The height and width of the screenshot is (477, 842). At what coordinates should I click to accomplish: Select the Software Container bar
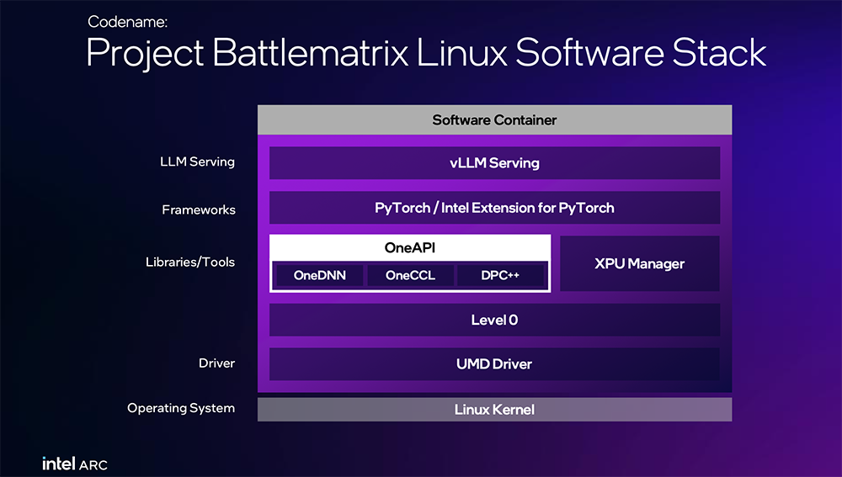[x=494, y=119]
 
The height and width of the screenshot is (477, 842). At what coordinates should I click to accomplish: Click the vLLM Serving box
[x=494, y=162]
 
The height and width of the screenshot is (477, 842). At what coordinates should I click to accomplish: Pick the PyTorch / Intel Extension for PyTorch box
[x=494, y=208]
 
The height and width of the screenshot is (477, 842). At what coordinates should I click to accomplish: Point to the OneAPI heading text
[x=410, y=247]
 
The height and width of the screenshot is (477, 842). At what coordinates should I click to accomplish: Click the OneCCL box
[x=410, y=275]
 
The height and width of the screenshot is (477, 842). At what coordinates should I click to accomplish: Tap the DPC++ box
[x=501, y=275]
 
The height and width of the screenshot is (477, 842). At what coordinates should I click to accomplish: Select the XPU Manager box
[x=639, y=263]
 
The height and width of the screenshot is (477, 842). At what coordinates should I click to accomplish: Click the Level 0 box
[x=494, y=320]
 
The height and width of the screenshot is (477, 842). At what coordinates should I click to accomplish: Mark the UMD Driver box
[x=494, y=364]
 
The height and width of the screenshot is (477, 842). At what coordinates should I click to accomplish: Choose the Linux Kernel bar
[x=494, y=410]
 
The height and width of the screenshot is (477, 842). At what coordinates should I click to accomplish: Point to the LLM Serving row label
[x=197, y=162]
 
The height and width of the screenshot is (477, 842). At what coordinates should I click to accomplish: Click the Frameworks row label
[x=199, y=209]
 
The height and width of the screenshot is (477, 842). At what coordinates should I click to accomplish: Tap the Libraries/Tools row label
[x=190, y=262]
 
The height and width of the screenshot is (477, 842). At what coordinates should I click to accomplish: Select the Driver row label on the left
[x=216, y=363]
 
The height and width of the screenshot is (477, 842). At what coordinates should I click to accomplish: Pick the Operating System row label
[x=181, y=408]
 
